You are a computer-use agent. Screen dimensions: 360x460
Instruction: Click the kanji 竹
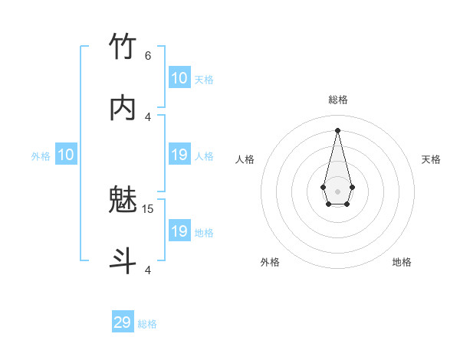123,47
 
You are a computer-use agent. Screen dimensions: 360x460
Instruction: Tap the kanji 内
123,109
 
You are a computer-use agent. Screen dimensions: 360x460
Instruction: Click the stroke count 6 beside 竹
148,55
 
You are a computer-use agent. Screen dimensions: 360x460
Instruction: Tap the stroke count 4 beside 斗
148,270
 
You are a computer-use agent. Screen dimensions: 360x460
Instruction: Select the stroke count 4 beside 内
148,116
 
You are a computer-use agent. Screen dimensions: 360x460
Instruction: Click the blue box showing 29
123,322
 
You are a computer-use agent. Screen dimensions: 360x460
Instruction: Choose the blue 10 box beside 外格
66,155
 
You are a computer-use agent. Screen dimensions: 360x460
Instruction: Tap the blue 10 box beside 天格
179,78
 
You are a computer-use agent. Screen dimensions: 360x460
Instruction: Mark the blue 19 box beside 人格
179,155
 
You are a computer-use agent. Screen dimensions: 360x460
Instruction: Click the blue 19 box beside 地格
179,231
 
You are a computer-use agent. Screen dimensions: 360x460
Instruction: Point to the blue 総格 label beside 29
147,324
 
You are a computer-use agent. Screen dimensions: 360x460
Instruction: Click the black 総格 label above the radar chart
338,100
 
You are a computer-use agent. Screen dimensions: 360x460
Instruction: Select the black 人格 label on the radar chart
245,159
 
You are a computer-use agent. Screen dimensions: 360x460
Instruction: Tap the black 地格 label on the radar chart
402,262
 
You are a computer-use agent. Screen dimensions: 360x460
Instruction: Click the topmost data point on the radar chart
338,130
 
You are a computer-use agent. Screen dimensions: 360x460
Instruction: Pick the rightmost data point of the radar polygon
352,187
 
